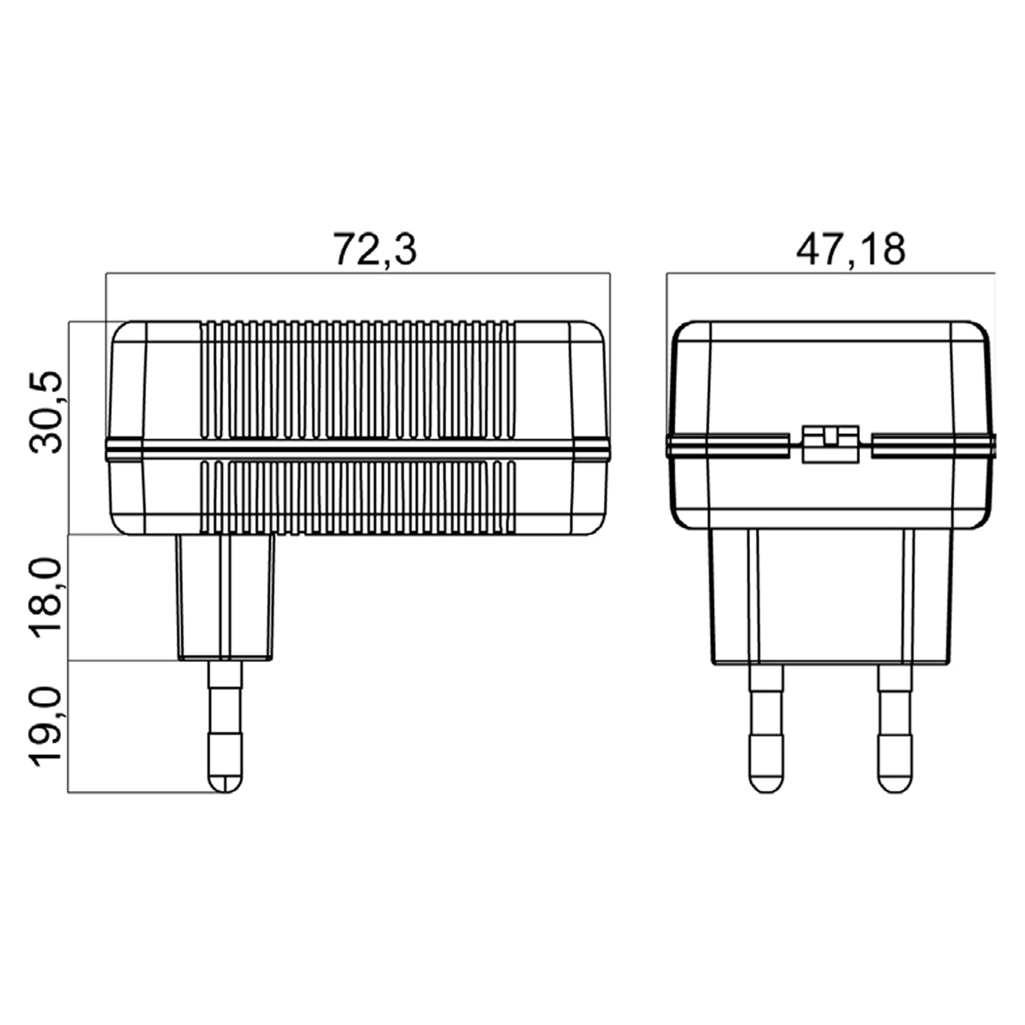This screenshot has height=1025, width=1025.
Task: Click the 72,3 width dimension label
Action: click(375, 249)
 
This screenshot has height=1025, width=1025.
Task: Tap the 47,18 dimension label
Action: click(851, 249)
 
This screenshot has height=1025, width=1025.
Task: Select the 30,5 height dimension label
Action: click(46, 413)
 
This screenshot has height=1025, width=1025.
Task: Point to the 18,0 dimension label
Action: click(46, 598)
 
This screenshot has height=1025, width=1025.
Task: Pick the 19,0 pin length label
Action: click(46, 727)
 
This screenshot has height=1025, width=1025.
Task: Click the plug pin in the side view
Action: click(225, 727)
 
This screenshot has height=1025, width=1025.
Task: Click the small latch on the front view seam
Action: click(830, 444)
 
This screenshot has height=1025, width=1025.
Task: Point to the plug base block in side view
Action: click(226, 597)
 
